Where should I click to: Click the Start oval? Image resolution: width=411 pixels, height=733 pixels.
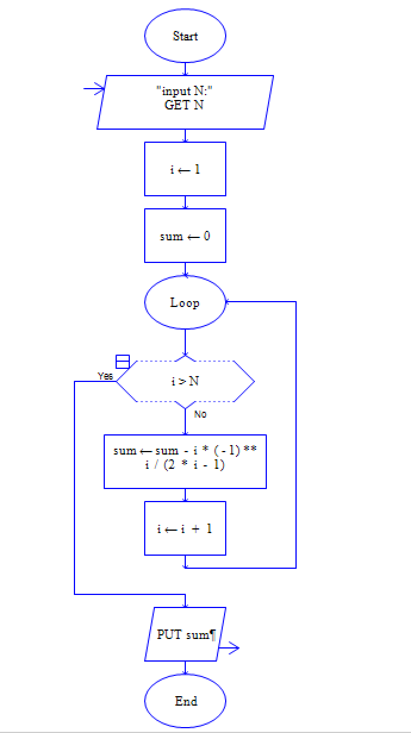tap(185, 36)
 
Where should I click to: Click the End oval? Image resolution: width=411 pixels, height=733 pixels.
tap(185, 701)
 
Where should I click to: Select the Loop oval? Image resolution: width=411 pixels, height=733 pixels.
tap(185, 302)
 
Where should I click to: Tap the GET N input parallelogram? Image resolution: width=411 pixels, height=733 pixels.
tap(185, 102)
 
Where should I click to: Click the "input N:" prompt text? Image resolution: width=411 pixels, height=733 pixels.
tap(185, 91)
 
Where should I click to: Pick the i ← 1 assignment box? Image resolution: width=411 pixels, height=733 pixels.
tap(185, 169)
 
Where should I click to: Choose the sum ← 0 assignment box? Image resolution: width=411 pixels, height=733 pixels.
tap(185, 236)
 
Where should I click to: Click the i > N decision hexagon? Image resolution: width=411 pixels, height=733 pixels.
tap(185, 381)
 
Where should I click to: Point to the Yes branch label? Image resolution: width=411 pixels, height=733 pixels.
tap(105, 376)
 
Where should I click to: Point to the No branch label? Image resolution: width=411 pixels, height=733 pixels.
tap(200, 414)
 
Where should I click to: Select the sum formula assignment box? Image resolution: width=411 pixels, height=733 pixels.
tap(185, 462)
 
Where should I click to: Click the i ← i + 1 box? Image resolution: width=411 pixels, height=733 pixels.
tap(185, 528)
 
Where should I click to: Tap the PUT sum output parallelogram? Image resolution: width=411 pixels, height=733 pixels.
tap(185, 634)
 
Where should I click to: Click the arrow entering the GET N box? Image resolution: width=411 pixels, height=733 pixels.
tap(94, 89)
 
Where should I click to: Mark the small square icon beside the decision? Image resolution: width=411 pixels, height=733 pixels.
tap(122, 361)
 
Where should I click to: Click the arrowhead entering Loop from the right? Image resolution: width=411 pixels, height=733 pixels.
tap(229, 302)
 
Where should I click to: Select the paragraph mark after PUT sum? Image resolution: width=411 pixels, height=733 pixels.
tap(211, 635)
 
